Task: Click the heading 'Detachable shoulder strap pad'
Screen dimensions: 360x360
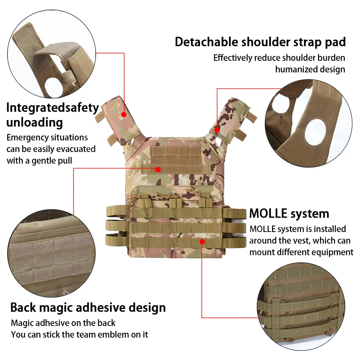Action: (260, 42)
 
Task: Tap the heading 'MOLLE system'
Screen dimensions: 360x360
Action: (289, 214)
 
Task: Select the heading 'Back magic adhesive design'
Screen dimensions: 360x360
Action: (88, 308)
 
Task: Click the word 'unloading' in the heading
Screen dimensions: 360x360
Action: (34, 122)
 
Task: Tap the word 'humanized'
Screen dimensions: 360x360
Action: (295, 69)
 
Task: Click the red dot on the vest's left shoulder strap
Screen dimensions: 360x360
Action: (124, 114)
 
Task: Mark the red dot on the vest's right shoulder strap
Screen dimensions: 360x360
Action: (217, 130)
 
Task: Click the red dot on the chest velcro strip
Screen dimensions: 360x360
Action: (158, 170)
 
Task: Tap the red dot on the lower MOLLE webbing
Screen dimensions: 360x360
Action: (202, 242)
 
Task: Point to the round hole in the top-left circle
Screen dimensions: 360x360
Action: (54, 88)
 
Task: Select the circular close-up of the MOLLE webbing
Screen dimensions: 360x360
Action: (301, 306)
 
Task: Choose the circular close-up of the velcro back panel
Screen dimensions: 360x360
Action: (52, 253)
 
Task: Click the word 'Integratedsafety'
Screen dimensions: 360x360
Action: (52, 108)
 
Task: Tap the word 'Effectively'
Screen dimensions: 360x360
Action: (232, 58)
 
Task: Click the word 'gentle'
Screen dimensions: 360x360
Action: (44, 161)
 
